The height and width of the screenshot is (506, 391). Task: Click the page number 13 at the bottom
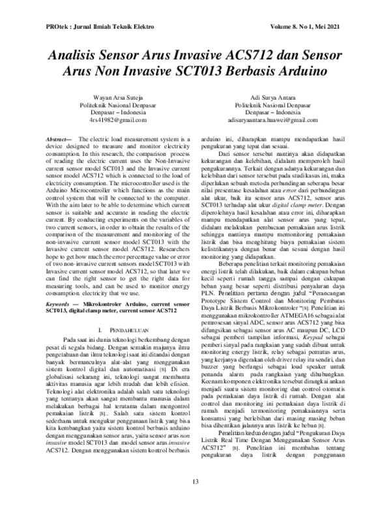click(x=195, y=482)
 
